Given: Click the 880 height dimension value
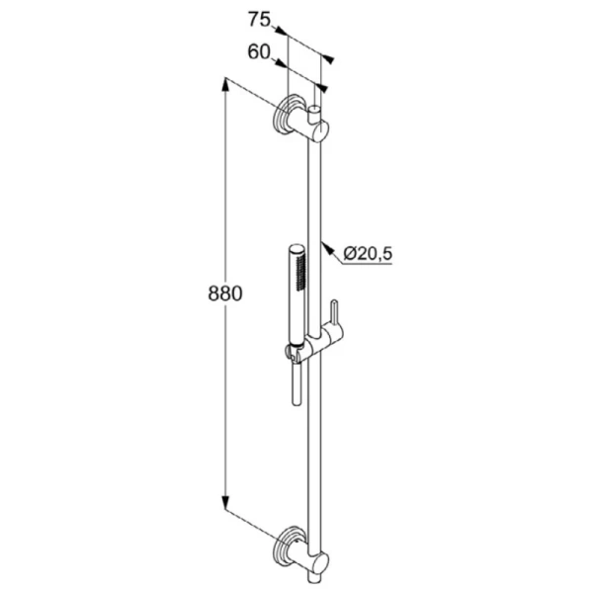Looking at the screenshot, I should click(x=224, y=294).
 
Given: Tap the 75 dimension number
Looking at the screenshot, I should click(x=259, y=17).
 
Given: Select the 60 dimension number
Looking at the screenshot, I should click(x=259, y=51).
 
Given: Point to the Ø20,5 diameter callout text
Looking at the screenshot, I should click(x=368, y=255).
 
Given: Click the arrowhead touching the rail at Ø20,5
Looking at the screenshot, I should click(x=327, y=245).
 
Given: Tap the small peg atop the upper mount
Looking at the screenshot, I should click(x=315, y=108).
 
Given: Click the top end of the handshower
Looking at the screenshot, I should click(x=296, y=244).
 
